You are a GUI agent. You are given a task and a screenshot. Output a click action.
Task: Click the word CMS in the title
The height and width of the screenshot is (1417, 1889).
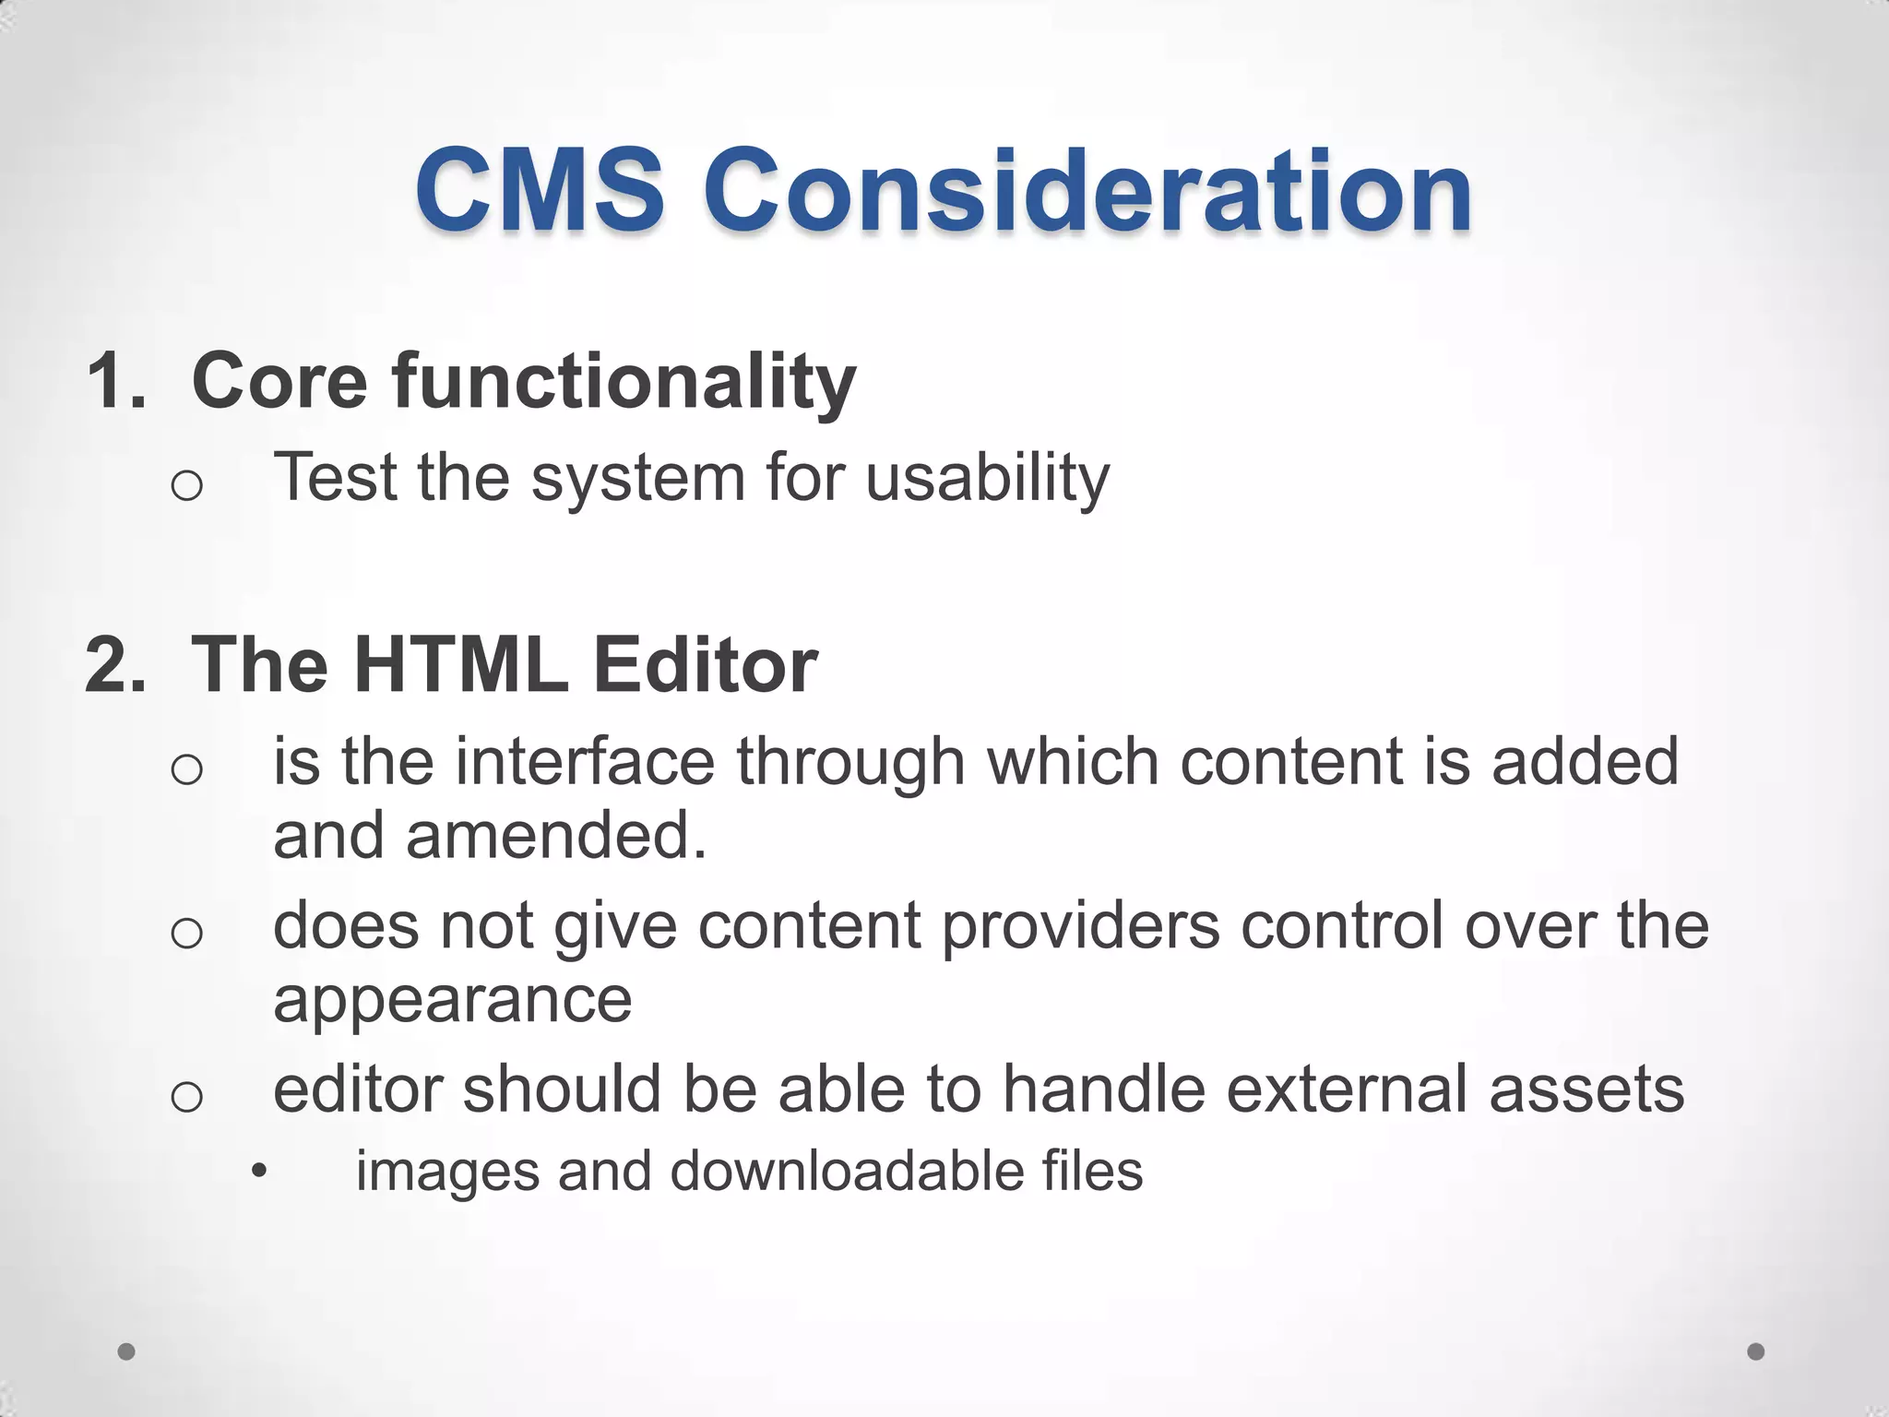point(540,191)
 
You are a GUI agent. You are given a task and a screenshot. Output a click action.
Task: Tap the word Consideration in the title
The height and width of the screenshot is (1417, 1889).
point(1088,191)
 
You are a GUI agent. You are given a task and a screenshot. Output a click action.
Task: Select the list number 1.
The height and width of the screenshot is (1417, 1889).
point(114,380)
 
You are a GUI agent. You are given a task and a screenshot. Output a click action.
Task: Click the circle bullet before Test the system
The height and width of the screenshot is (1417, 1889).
point(186,485)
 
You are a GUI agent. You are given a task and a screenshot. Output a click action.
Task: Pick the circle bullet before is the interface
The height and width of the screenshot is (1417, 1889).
point(186,769)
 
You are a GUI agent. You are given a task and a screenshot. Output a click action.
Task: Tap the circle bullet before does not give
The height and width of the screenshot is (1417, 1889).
point(186,933)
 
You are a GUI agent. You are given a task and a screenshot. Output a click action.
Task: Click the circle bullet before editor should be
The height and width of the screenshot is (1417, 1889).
point(186,1096)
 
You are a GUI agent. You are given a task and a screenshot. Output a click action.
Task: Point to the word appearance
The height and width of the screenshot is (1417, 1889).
point(452,1000)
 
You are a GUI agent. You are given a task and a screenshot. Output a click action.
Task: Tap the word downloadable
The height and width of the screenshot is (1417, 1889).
point(846,1172)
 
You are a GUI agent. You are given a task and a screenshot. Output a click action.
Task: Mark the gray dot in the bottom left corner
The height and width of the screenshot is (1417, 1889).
point(126,1352)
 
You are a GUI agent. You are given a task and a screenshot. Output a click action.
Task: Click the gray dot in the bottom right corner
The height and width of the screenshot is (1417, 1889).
point(1756,1352)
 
